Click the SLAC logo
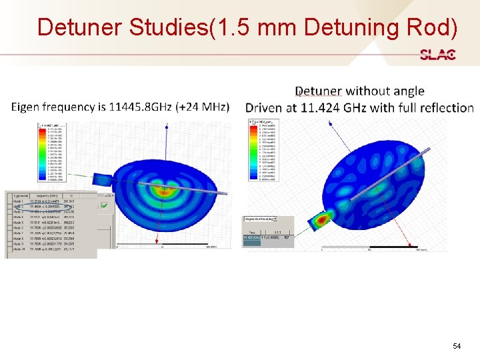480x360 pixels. coord(438,55)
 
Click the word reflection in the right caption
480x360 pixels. coord(446,108)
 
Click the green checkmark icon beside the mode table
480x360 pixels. coord(105,206)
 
